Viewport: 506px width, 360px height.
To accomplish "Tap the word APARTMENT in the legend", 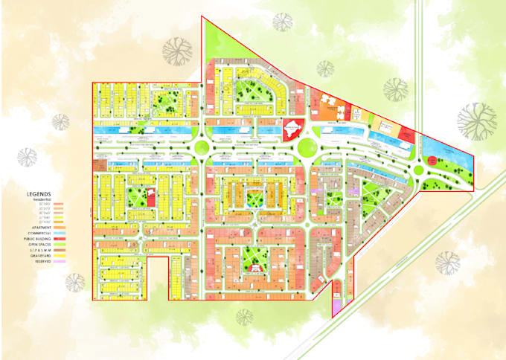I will point(42,228).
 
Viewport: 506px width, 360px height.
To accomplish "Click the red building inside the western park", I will point(151,198).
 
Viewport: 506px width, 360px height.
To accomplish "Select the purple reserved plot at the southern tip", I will point(336,303).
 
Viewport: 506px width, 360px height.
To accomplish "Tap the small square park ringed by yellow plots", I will point(255,197).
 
